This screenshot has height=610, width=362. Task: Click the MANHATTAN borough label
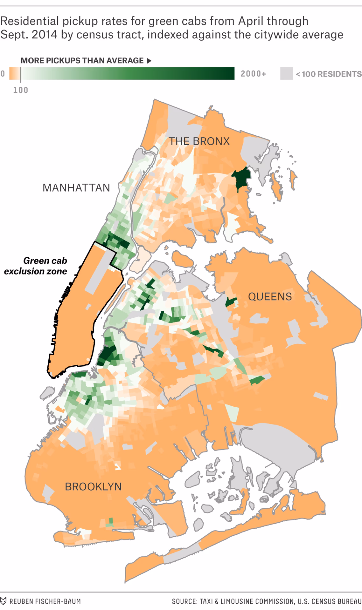coord(76,188)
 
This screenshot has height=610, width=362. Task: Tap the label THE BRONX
coord(199,141)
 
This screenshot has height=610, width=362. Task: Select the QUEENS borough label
coord(270,296)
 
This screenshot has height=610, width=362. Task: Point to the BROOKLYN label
coord(93,486)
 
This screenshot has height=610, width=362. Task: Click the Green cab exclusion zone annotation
coord(36,266)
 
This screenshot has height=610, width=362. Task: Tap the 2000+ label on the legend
coord(253,74)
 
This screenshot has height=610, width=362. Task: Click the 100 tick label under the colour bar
coord(21,90)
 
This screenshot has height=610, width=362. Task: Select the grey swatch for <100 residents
coord(286,74)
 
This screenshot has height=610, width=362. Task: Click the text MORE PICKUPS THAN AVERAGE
coord(82,61)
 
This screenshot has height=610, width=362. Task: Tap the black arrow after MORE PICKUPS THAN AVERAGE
coord(149,61)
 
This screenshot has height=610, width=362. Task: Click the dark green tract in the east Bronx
coord(241,178)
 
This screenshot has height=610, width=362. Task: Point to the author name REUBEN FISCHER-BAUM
coord(45,601)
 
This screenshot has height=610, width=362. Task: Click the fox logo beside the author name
coord(3,601)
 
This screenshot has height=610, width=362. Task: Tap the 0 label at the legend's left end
coord(3,74)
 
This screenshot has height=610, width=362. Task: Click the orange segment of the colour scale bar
coord(14,73)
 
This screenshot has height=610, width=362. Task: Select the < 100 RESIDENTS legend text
coord(329,74)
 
